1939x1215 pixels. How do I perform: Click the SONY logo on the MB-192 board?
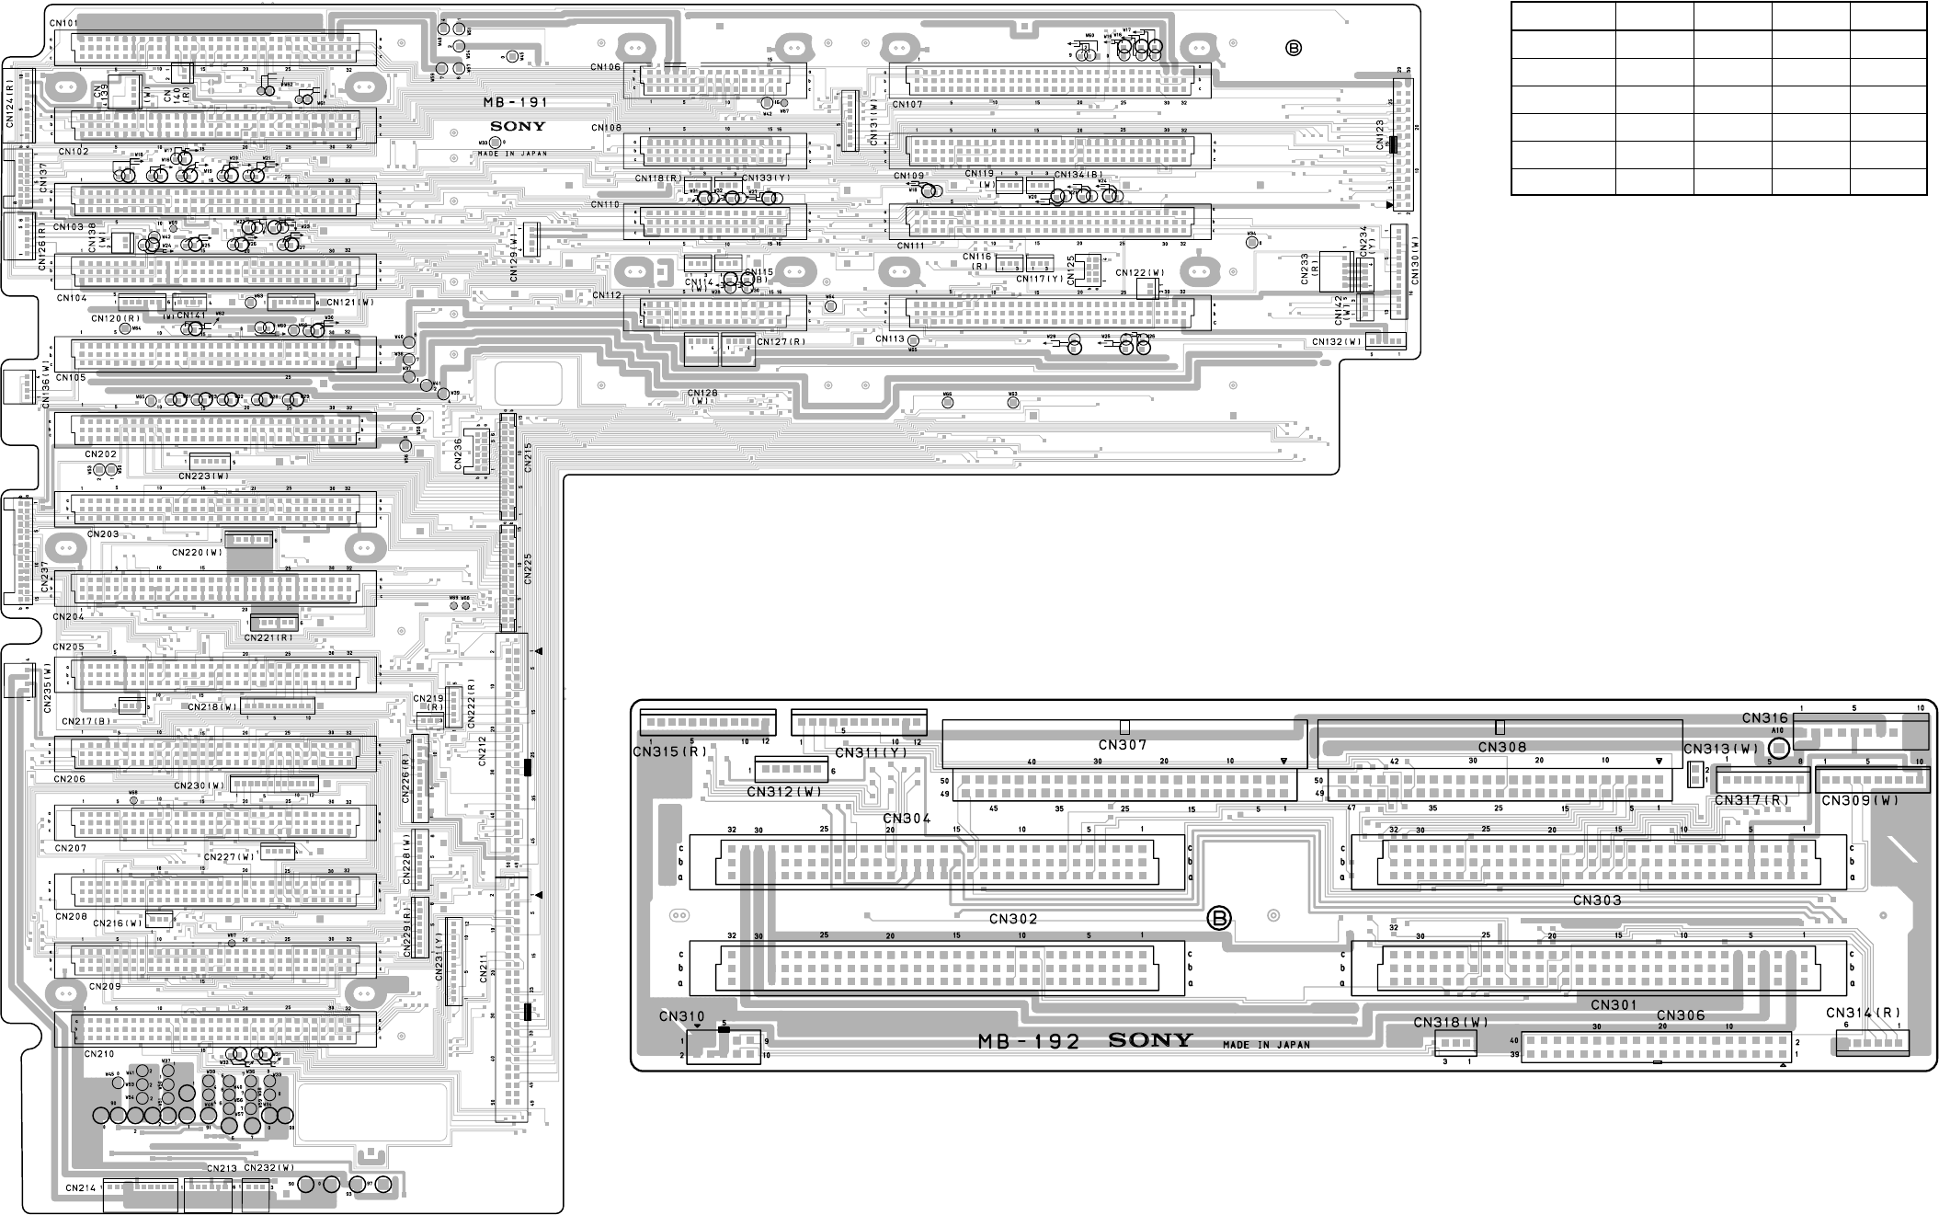(x=1150, y=1040)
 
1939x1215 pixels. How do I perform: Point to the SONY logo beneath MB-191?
(x=518, y=127)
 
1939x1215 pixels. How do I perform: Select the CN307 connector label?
(x=1123, y=745)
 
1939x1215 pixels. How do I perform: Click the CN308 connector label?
(x=1502, y=747)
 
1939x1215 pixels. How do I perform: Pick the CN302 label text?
(x=1013, y=919)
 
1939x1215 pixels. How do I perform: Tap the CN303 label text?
(x=1597, y=900)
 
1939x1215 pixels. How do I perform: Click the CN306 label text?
(x=1681, y=1015)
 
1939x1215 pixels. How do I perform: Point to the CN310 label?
(x=681, y=1016)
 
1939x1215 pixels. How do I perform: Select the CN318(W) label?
(x=1451, y=1022)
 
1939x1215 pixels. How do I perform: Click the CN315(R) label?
(x=670, y=751)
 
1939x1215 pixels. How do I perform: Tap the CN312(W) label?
(x=784, y=791)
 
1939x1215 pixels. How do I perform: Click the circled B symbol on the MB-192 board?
(x=1219, y=918)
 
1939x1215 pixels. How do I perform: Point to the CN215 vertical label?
(x=528, y=457)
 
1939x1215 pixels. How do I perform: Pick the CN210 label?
(x=98, y=1054)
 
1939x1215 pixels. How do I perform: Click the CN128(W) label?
(x=702, y=397)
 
